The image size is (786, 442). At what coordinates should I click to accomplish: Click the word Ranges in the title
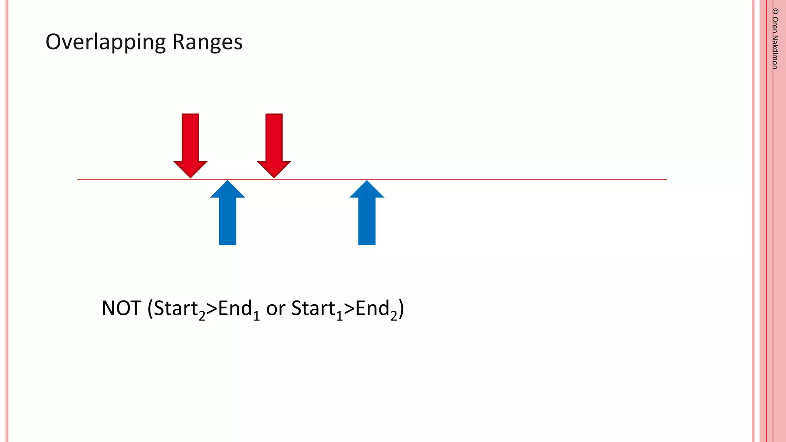coord(207,42)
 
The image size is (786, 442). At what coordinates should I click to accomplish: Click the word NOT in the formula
coord(121,308)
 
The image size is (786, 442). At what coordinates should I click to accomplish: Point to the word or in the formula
coord(276,308)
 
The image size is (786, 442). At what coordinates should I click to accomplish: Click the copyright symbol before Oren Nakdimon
coord(775,12)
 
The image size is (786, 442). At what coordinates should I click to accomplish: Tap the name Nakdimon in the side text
coord(775,52)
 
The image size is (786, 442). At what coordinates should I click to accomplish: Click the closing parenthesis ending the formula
coord(401,309)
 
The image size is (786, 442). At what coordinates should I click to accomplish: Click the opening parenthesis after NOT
coord(150,309)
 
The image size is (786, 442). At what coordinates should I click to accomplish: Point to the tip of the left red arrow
coord(190,177)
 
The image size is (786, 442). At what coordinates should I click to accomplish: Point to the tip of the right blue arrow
coord(367,181)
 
